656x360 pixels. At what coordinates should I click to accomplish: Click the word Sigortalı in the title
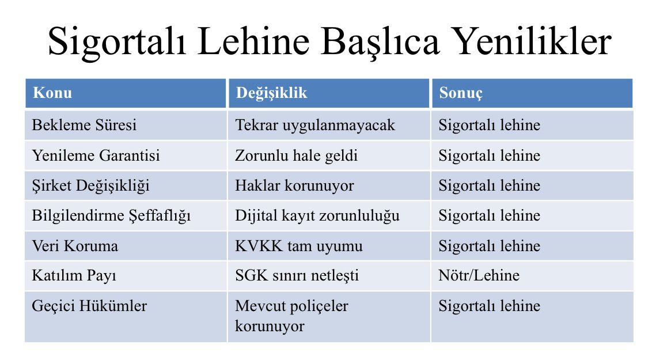coord(117,43)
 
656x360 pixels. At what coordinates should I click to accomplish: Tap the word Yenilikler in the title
coord(533,41)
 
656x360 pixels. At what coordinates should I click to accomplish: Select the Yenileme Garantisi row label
coord(96,156)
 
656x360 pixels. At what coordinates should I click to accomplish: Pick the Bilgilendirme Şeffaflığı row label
coord(111,216)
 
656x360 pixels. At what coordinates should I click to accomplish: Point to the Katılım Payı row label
coord(74,276)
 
